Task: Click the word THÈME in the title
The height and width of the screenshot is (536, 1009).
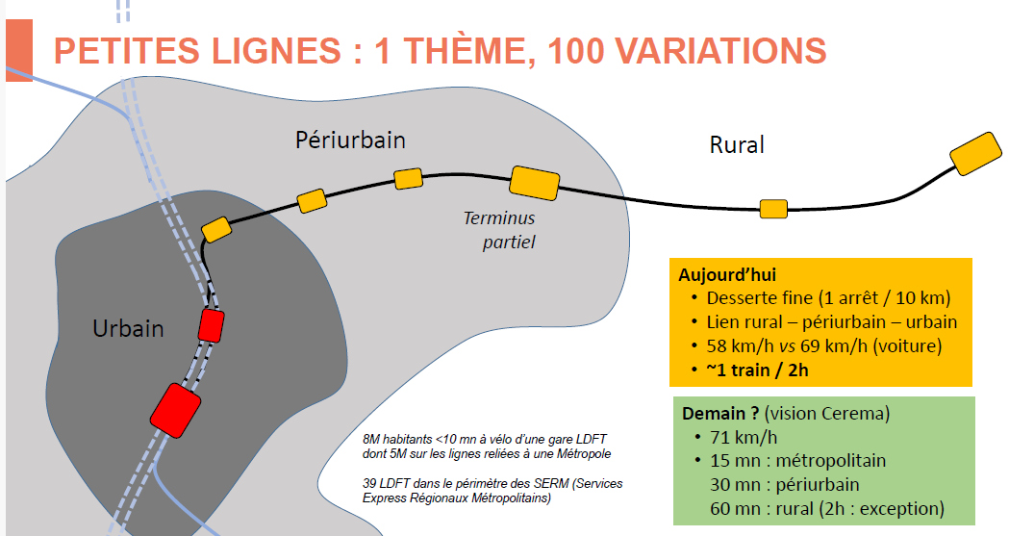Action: click(x=469, y=51)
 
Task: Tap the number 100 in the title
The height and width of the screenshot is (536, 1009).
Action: click(x=576, y=51)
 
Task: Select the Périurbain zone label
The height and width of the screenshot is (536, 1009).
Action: click(x=350, y=140)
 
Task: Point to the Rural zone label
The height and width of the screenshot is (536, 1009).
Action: click(x=737, y=144)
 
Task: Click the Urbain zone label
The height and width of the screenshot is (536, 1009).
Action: click(x=128, y=328)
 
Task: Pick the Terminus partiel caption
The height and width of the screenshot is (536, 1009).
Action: click(x=500, y=230)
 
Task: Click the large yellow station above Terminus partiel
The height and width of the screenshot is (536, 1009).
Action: click(x=534, y=183)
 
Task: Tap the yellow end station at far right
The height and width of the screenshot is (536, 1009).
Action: click(x=975, y=153)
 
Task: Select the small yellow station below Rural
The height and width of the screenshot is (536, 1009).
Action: click(x=773, y=209)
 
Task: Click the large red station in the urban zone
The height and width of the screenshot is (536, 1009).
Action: click(x=176, y=411)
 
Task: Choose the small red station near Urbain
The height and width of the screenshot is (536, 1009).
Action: click(x=211, y=325)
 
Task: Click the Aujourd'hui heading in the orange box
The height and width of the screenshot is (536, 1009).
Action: click(x=727, y=275)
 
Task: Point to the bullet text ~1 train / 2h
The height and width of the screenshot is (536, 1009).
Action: click(x=757, y=370)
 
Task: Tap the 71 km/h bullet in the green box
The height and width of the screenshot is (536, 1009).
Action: click(x=744, y=438)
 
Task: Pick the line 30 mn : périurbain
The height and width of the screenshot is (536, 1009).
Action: click(x=785, y=485)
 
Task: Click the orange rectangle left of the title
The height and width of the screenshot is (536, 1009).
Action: click(x=19, y=50)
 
